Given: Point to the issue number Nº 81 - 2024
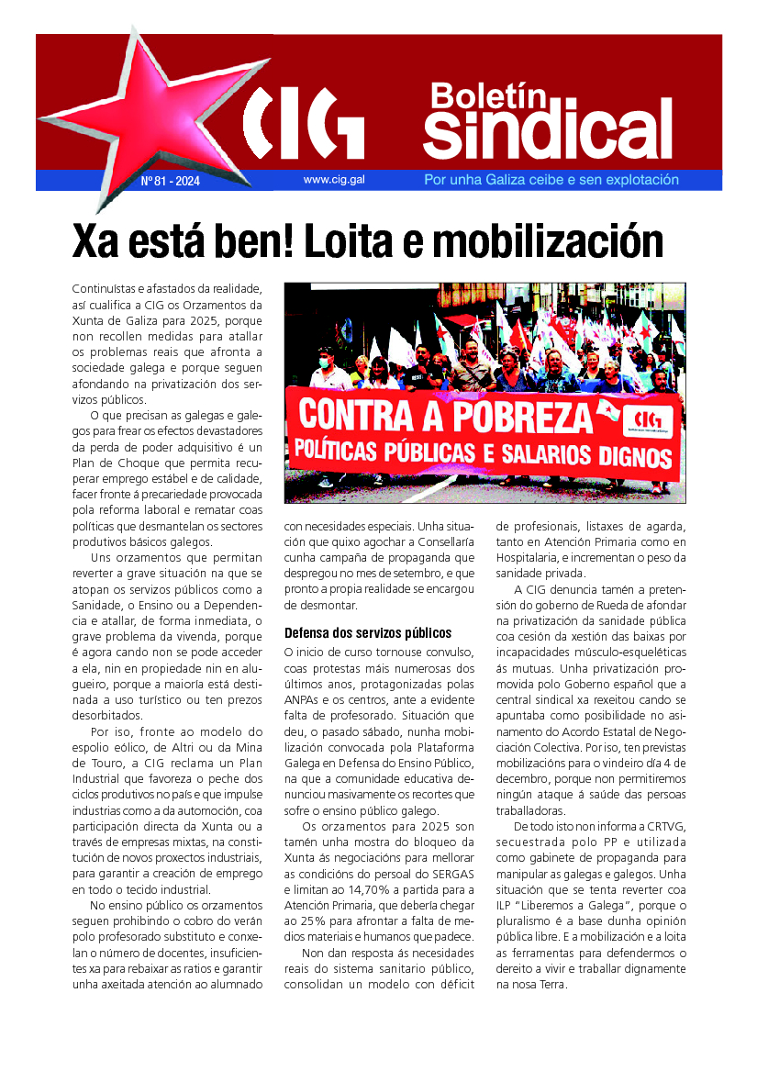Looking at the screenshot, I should click(171, 181).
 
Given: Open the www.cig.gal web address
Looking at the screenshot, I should click(334, 180).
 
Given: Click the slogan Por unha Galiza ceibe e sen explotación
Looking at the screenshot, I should click(551, 180).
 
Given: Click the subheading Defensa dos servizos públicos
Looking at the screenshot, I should click(367, 632).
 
